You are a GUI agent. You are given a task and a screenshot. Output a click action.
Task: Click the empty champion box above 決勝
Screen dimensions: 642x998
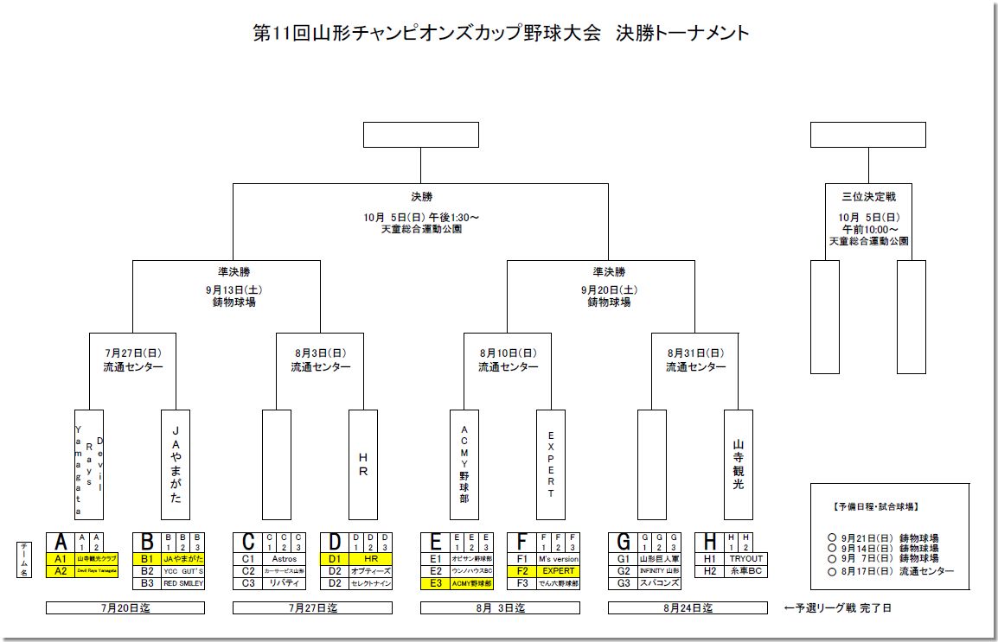[x=420, y=135]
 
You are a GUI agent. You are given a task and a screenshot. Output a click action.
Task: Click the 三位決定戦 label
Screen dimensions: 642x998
[x=868, y=198]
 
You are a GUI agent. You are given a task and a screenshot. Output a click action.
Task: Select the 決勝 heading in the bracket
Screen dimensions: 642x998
[x=421, y=196]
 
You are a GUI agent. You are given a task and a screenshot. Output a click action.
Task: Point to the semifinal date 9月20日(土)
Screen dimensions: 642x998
[x=609, y=290]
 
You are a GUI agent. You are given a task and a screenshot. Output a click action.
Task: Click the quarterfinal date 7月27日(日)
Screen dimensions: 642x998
[x=132, y=353]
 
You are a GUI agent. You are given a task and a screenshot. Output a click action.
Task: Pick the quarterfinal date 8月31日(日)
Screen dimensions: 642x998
[x=695, y=353]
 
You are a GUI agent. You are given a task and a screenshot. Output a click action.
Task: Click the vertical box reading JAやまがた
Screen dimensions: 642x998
[x=176, y=464]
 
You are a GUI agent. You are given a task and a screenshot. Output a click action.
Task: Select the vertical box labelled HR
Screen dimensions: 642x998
[x=363, y=464]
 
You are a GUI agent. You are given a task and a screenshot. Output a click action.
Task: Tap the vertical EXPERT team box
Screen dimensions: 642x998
[x=551, y=464]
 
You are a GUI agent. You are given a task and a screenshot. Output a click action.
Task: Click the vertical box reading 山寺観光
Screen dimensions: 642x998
[x=738, y=464]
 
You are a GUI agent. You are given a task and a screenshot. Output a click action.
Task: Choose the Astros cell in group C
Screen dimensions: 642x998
[x=284, y=559]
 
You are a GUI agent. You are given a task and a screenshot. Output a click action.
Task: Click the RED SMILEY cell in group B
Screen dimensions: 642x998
[x=182, y=583]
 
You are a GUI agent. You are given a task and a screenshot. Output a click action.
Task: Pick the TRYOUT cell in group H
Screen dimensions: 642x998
[x=745, y=559]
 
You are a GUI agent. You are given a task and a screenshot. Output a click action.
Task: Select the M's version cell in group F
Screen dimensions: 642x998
[x=558, y=559]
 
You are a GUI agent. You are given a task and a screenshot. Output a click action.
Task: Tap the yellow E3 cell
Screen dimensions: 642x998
[x=435, y=583]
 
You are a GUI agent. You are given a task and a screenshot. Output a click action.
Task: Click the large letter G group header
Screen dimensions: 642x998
[x=623, y=542]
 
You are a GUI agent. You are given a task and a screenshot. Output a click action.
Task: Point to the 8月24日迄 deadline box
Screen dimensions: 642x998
[x=688, y=608]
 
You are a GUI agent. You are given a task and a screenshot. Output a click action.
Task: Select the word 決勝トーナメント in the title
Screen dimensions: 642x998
[x=682, y=33]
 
